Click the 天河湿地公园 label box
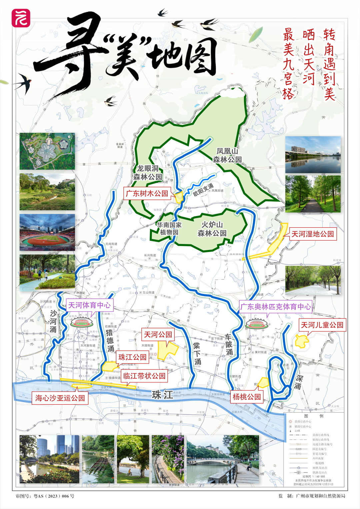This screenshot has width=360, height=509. pyautogui.click(x=313, y=234)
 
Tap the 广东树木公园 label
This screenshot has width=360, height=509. pyautogui.click(x=147, y=193)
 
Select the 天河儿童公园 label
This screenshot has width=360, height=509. pyautogui.click(x=322, y=325)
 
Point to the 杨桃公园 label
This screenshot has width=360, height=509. pyautogui.click(x=247, y=397)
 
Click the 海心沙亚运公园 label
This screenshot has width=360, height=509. pyautogui.click(x=60, y=398)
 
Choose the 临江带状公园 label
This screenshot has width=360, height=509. pyautogui.click(x=144, y=376)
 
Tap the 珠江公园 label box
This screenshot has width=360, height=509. pyautogui.click(x=132, y=357)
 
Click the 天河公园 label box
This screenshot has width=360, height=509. pyautogui.click(x=158, y=334)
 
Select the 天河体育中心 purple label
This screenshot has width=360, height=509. pyautogui.click(x=89, y=305)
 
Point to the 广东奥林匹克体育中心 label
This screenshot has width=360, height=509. pyautogui.click(x=276, y=306)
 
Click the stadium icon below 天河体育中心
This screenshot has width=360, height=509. pyautogui.click(x=81, y=323)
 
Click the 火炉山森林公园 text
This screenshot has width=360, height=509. pyautogui.click(x=212, y=229)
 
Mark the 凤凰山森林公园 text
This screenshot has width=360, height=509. pyautogui.click(x=227, y=155)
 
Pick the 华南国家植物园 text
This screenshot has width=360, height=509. pyautogui.click(x=169, y=229)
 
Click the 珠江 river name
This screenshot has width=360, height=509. pyautogui.click(x=162, y=395)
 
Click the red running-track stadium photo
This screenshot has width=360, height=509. pyautogui.click(x=47, y=232)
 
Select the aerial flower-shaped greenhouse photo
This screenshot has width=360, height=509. pyautogui.click(x=47, y=151)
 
